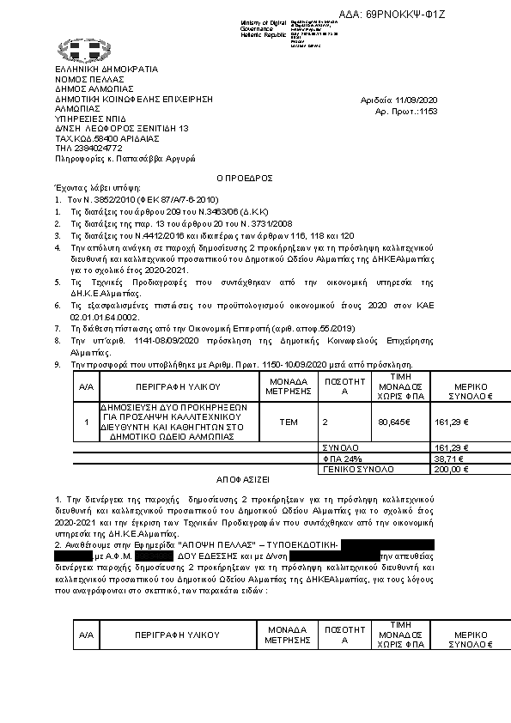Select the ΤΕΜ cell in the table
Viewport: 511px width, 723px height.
289,422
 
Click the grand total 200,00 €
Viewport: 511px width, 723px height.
450,470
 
